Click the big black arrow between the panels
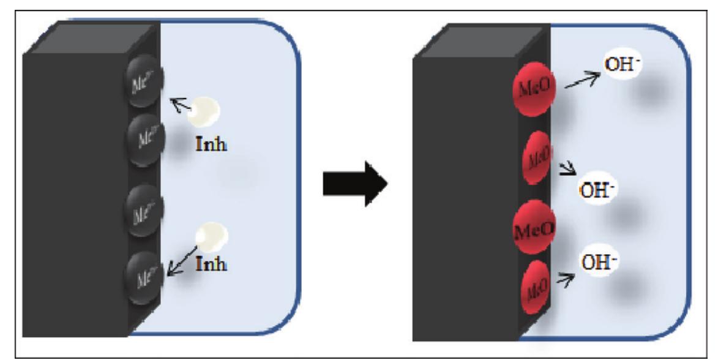tap(354, 182)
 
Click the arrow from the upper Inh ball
tap(181, 108)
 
